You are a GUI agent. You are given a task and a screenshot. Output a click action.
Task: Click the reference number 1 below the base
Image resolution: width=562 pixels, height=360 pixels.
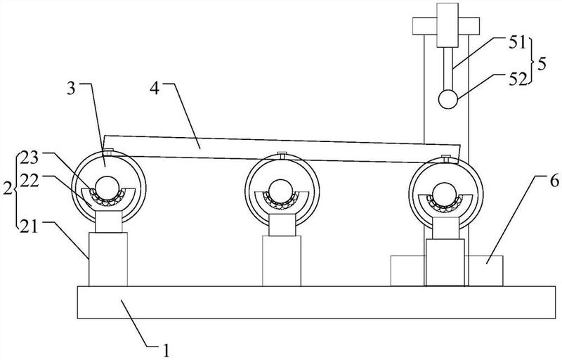pyautogui.click(x=166, y=350)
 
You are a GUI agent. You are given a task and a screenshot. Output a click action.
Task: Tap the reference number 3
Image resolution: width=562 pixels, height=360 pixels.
pyautogui.click(x=72, y=89)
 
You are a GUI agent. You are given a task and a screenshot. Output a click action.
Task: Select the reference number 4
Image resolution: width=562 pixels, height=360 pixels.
pyautogui.click(x=155, y=89)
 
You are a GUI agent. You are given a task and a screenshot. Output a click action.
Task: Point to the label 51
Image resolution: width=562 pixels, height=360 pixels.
pyautogui.click(x=516, y=43)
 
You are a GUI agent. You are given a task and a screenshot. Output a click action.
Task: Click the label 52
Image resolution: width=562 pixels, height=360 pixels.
pyautogui.click(x=517, y=79)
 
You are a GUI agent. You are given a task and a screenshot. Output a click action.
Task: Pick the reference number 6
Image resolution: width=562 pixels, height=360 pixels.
pyautogui.click(x=554, y=181)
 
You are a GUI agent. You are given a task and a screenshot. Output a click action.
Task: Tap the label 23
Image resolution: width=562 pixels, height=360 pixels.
pyautogui.click(x=29, y=158)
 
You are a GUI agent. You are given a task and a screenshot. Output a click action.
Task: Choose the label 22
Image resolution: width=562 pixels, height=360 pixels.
pyautogui.click(x=29, y=181)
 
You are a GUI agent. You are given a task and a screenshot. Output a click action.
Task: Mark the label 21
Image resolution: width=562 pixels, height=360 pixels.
pyautogui.click(x=29, y=226)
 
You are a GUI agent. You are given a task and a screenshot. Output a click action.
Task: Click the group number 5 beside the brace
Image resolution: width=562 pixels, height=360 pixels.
pyautogui.click(x=542, y=64)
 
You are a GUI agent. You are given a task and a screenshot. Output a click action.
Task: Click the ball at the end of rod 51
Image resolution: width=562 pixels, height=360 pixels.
pyautogui.click(x=448, y=99)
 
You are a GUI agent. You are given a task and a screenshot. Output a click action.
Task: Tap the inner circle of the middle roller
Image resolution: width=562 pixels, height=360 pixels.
pyautogui.click(x=282, y=189)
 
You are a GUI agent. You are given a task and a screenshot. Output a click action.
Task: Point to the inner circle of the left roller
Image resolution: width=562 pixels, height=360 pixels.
pyautogui.click(x=107, y=186)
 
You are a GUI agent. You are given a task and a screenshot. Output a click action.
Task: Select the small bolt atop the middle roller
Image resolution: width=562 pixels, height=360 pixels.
pyautogui.click(x=282, y=155)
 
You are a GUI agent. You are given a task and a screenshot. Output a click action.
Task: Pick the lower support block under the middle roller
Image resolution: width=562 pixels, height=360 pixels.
pyautogui.click(x=282, y=261)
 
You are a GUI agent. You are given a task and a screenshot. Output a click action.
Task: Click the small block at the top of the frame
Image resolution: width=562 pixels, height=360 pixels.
pyautogui.click(x=447, y=25)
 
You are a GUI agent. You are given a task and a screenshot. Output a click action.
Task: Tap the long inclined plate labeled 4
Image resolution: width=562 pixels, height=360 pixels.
pyautogui.click(x=282, y=150)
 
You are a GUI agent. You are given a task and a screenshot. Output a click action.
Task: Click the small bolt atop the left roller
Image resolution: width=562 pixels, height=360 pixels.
pyautogui.click(x=109, y=152)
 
